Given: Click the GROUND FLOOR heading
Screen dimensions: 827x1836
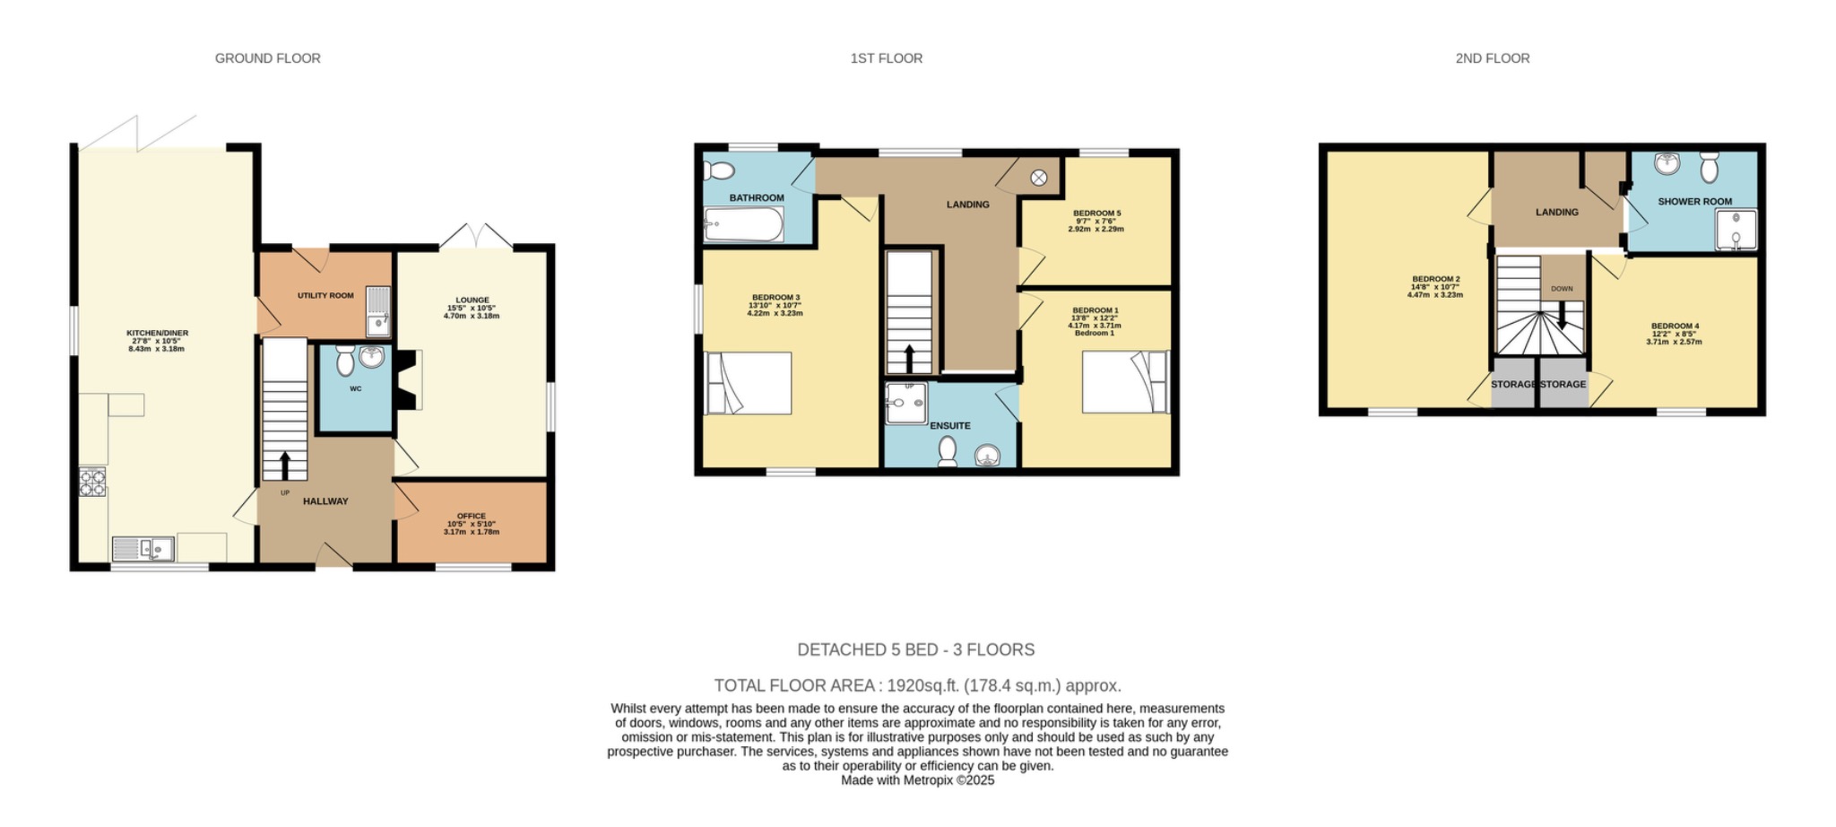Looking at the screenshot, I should coord(267,58).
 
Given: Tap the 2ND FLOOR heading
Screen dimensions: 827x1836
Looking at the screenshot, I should coord(1492,58).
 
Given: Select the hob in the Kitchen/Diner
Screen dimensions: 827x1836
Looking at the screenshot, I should coord(92,482).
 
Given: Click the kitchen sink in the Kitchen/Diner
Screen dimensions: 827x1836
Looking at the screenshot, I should coord(143,548).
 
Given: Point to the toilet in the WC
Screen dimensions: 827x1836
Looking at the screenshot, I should coord(345,361).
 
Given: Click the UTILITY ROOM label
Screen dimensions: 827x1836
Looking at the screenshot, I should coord(325,295).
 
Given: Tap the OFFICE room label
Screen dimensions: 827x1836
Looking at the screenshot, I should coord(471,517).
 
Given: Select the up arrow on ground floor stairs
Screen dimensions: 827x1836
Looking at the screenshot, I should coord(285,466).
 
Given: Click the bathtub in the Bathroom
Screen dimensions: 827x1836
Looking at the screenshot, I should coord(743,224).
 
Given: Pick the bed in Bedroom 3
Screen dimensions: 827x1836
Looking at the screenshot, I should coord(749,383).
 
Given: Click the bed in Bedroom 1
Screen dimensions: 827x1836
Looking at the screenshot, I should coord(1125,382).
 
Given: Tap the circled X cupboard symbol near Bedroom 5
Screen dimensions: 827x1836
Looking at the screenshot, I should coord(1038,178).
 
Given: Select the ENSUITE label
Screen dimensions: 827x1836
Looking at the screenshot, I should coord(949,426).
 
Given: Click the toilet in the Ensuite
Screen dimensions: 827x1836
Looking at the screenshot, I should coord(947,452).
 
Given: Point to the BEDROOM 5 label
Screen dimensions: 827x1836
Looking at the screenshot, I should coord(1096,213).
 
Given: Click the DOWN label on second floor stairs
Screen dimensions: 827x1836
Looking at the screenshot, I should coord(1562,289).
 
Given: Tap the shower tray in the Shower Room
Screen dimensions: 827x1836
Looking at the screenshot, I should coord(1736,229).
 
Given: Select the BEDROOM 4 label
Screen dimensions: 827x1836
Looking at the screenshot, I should coord(1675,326).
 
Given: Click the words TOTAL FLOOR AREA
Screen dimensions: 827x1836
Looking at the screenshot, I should coord(794,686).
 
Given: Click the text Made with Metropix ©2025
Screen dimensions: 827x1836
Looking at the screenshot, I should coord(917,780).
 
